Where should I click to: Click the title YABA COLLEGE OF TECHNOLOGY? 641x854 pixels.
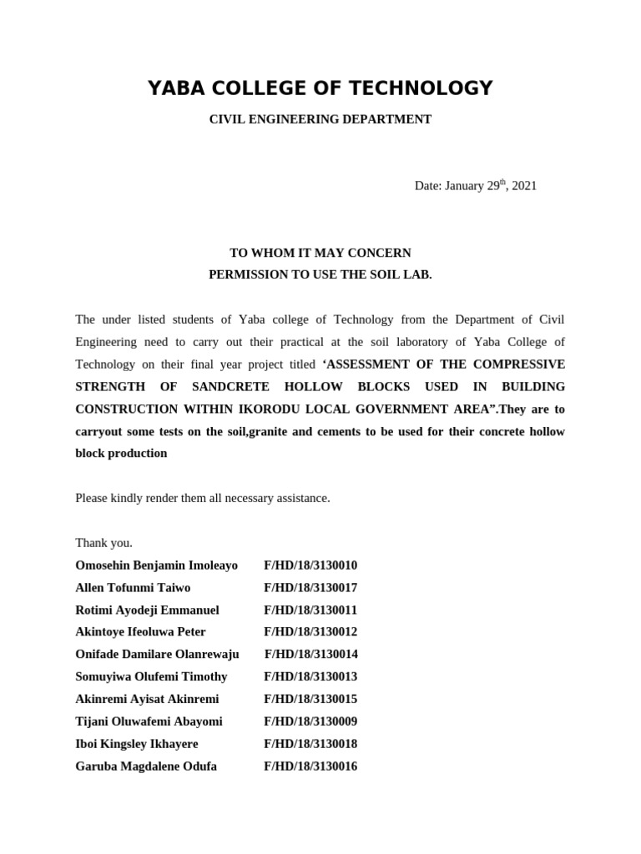click(x=320, y=88)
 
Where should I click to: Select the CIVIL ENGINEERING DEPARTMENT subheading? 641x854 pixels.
click(x=320, y=119)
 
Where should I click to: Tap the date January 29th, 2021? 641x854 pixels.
click(x=475, y=186)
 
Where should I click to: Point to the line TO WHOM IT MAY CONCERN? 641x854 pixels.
click(x=320, y=253)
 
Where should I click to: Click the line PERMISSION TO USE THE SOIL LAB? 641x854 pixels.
click(x=320, y=275)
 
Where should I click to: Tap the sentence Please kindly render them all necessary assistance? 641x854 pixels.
click(x=203, y=498)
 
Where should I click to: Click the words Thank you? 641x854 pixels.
click(x=103, y=543)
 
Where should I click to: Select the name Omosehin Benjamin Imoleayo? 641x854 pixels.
click(x=157, y=565)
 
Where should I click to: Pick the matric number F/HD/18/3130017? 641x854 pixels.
click(x=310, y=588)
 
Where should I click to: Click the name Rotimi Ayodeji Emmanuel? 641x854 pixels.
click(x=147, y=610)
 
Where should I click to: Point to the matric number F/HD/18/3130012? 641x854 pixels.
click(x=310, y=632)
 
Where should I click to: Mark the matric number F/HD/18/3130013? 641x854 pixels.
click(x=310, y=676)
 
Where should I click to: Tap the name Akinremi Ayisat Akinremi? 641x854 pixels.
click(x=147, y=699)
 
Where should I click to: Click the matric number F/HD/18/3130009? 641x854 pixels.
click(x=310, y=721)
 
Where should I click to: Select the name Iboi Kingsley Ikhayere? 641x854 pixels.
click(x=137, y=744)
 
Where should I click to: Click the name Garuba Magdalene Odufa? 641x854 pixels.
click(x=146, y=766)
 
